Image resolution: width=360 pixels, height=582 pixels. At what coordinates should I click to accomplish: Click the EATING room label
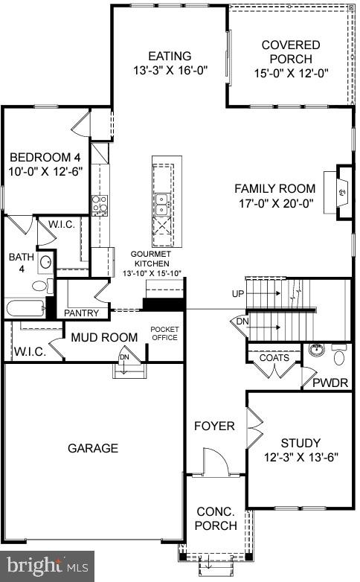tap(170, 57)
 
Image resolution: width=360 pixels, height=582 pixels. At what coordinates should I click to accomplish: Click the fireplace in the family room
tap(341, 192)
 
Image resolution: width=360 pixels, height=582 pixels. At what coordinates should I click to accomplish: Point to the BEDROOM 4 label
tap(45, 157)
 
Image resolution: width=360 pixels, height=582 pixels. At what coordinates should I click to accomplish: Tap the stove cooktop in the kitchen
tap(99, 205)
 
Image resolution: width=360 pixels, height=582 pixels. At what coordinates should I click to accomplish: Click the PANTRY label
tap(82, 313)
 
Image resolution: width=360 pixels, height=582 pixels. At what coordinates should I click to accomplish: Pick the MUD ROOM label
tap(104, 338)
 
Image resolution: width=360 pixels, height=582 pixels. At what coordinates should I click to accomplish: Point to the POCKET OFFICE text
tap(165, 333)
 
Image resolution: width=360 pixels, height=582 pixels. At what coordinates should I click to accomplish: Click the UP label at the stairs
tap(237, 294)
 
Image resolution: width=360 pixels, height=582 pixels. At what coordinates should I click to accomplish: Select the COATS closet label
tap(273, 358)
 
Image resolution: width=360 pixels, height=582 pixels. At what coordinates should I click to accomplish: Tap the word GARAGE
tap(93, 448)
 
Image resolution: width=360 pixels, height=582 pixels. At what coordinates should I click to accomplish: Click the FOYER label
tap(215, 426)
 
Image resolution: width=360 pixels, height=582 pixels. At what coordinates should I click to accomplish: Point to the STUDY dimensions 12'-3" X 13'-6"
tap(301, 457)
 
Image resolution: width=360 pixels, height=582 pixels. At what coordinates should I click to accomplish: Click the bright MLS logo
tap(46, 566)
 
